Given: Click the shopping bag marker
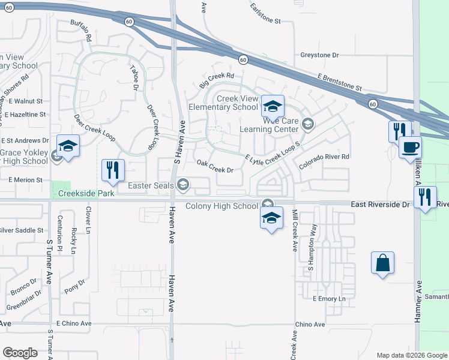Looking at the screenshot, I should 382,263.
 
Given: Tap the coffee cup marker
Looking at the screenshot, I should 410,148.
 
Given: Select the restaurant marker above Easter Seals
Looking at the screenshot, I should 112,170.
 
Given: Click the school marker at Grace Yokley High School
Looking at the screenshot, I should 68,146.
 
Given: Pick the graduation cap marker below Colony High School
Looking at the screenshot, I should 271,218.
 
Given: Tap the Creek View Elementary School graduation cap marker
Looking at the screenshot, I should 272,107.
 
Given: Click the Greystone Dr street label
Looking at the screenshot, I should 320,55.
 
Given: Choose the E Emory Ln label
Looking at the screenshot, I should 330,299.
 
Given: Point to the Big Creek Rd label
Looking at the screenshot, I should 216,76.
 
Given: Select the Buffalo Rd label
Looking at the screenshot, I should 80,31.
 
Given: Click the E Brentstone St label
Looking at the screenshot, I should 340,83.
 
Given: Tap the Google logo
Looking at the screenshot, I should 20,353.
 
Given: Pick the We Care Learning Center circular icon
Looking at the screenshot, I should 308,124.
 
